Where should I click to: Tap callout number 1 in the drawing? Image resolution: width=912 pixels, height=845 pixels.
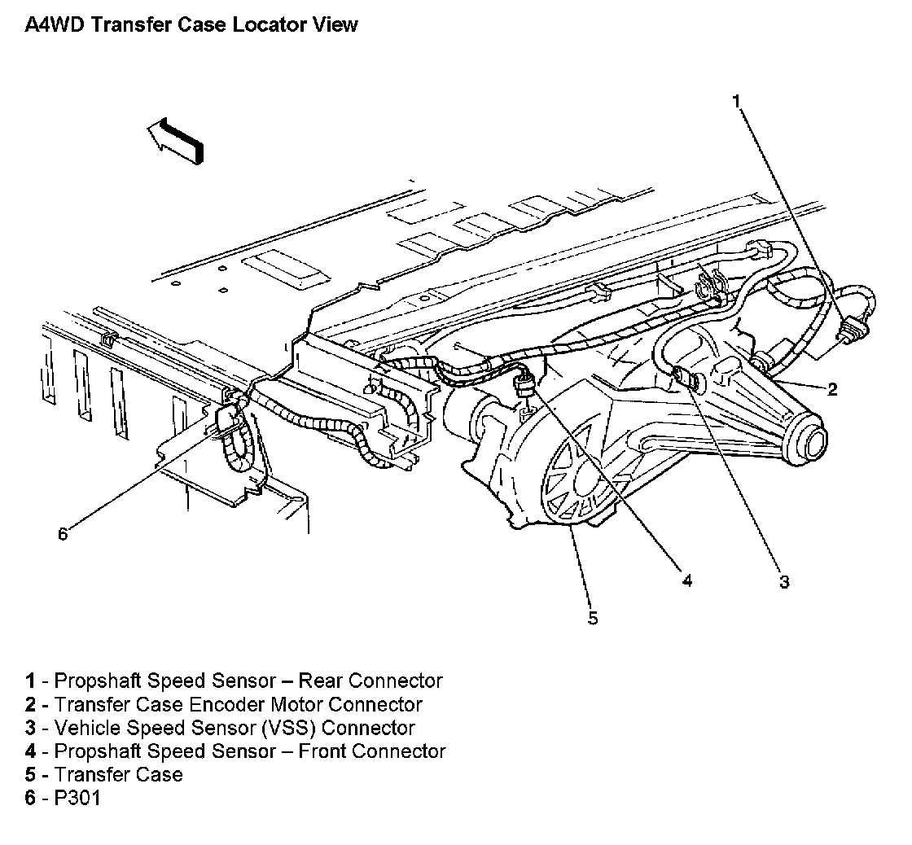[x=735, y=101]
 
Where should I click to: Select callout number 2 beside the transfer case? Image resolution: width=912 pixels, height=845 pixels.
[x=832, y=389]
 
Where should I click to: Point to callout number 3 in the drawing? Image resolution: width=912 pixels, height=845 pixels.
[x=783, y=581]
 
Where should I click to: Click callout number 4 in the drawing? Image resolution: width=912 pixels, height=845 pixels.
[x=686, y=580]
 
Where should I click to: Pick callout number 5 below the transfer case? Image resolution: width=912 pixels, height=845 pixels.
[x=592, y=619]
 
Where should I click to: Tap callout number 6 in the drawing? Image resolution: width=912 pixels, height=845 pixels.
[x=63, y=533]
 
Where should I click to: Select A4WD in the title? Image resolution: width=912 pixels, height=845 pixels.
[x=55, y=24]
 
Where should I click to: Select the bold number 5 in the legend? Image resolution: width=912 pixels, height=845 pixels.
[x=30, y=775]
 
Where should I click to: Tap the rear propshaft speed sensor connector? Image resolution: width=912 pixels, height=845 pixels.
[x=851, y=331]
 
